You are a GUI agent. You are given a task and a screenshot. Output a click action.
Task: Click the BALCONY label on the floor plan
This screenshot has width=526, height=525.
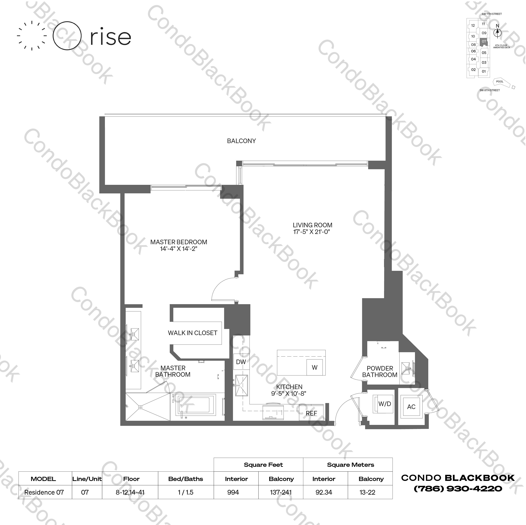tap(241, 141)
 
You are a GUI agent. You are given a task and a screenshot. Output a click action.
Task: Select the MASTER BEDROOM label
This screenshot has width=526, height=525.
tap(179, 242)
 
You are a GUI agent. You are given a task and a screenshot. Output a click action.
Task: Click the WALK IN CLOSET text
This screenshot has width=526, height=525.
tap(192, 333)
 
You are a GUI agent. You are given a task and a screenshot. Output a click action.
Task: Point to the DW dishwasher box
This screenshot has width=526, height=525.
tap(241, 362)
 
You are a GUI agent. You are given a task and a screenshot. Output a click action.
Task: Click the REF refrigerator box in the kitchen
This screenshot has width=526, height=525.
tap(311, 413)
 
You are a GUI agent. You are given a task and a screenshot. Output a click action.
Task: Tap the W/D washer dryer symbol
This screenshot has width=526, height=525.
tap(384, 404)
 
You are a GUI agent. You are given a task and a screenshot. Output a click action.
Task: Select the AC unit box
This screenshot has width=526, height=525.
tap(411, 407)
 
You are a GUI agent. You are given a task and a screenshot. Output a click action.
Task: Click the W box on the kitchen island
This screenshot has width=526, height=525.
tap(314, 367)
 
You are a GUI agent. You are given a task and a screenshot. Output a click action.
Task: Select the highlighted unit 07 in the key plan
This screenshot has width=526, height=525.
tap(484, 42)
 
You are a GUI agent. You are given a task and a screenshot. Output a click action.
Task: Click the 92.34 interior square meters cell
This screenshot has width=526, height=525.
tap(324, 492)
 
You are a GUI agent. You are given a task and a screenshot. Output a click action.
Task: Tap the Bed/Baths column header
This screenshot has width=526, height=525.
tap(186, 479)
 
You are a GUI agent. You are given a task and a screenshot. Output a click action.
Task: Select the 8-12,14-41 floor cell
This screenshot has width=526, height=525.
tap(130, 492)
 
